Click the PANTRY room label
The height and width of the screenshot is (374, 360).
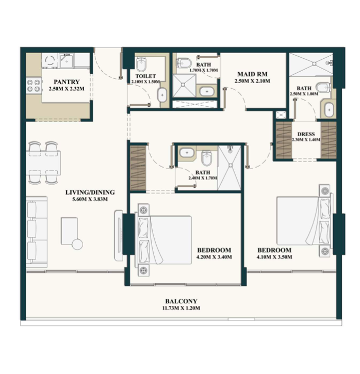point(67,82)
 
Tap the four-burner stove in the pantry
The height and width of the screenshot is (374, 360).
point(34,86)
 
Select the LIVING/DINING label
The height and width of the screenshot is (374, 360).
point(90,192)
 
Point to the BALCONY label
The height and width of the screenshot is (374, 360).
point(181,301)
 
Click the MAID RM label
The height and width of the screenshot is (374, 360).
point(253,74)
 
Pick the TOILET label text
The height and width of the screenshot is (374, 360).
point(145,76)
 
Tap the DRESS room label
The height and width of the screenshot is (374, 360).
point(306,134)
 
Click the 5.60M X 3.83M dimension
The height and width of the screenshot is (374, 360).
point(90,199)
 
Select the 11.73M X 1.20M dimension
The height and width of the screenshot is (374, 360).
point(181,308)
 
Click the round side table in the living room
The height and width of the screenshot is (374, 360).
point(77,244)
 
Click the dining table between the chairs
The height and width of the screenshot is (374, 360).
point(43,163)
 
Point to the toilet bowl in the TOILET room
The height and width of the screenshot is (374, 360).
point(141,63)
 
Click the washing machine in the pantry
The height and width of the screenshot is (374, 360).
point(50,60)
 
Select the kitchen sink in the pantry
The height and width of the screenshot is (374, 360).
point(67,60)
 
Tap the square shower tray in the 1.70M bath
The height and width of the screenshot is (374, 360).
point(184,86)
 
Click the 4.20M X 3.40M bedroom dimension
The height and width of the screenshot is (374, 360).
point(214,257)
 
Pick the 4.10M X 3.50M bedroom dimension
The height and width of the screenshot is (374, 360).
point(274,257)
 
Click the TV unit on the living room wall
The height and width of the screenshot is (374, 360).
point(119,235)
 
